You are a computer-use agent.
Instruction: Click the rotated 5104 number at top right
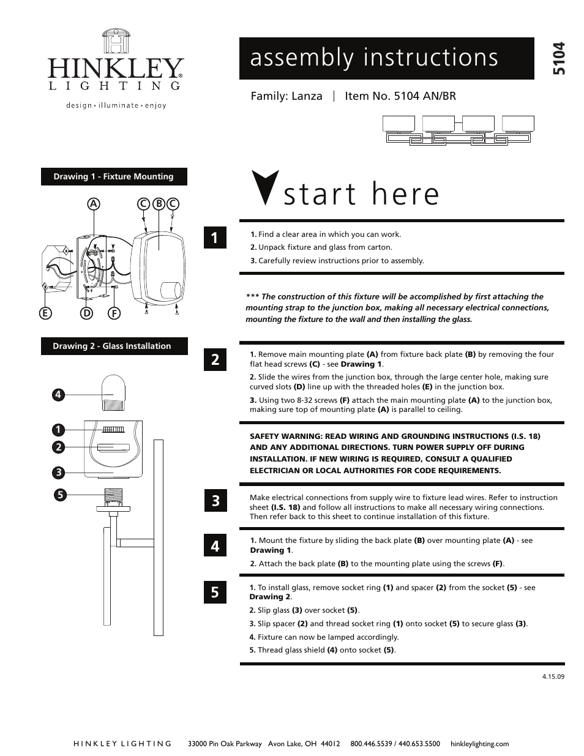[558, 59]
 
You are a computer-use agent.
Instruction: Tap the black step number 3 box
[215, 501]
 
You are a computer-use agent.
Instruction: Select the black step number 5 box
[215, 592]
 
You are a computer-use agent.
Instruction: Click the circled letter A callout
[94, 203]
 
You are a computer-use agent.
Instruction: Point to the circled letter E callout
[45, 313]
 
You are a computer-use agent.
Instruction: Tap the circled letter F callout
[114, 313]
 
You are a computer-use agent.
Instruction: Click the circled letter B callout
[158, 203]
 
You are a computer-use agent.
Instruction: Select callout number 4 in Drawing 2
[58, 395]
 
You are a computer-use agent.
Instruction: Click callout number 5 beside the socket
[58, 494]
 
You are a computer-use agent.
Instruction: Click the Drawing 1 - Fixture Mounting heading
[114, 176]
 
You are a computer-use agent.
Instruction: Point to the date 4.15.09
[553, 677]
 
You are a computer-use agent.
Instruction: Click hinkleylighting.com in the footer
[479, 744]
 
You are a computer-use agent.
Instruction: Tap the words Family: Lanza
[286, 96]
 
